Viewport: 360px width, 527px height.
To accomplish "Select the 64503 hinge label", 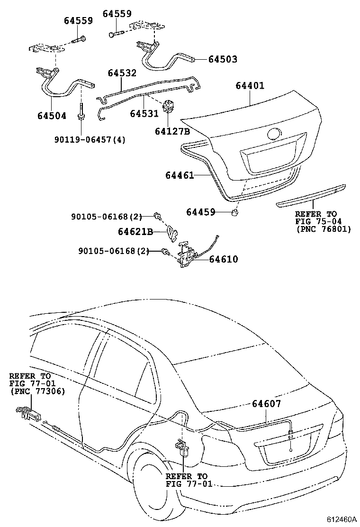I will point(222,60).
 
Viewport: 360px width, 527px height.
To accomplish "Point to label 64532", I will point(122,73).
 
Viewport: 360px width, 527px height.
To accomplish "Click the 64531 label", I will point(144,114).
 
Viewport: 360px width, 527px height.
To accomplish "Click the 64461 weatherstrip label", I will point(180,175).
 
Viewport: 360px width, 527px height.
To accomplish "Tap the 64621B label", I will point(135,232).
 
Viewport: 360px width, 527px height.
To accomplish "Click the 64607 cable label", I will point(266,404).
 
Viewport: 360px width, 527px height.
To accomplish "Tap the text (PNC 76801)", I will point(323,229).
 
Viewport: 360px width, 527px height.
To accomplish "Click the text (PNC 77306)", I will point(37,391).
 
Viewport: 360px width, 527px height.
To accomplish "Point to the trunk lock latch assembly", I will point(186,256).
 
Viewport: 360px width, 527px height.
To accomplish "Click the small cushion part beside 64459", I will point(234,212).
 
